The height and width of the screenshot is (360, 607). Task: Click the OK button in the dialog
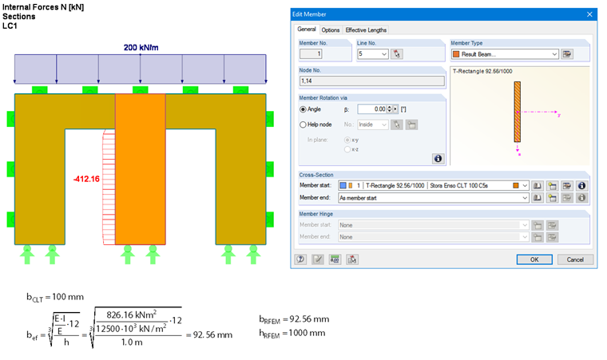pos(534,259)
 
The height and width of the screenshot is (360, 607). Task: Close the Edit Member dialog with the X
pos(589,14)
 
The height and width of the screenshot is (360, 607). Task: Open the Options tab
pos(331,30)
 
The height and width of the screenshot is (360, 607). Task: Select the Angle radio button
pos(303,109)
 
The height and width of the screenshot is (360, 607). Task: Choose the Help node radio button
pos(303,125)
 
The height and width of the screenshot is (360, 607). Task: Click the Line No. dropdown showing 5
pos(373,54)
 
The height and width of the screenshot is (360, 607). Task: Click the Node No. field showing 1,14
pos(370,80)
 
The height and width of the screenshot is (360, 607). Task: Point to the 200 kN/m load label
pos(141,47)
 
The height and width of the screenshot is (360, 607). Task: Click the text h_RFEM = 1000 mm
pos(295,332)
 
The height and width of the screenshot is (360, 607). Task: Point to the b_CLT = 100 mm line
pos(54,296)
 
